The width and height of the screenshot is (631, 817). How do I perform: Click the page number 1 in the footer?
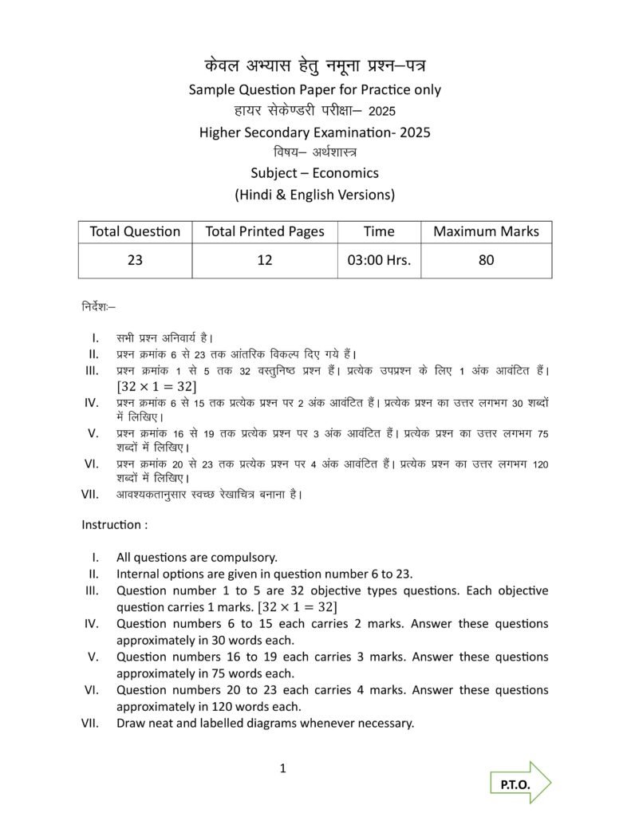pos(283,769)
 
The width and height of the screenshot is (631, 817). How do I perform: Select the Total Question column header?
pos(135,231)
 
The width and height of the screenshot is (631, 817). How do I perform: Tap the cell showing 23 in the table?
pos(135,260)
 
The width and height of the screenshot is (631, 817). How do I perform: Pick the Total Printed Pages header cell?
pos(265,231)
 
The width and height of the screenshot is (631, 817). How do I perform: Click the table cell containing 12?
pos(265,260)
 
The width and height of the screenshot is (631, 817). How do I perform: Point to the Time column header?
pos(379,231)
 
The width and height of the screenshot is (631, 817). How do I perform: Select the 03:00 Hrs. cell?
pos(379,260)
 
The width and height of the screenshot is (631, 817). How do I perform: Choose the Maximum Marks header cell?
pos(486,231)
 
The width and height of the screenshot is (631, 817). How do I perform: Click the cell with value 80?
pos(486,260)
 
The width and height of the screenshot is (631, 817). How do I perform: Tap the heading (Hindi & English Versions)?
pos(314,194)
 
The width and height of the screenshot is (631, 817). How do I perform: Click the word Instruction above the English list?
pos(111,525)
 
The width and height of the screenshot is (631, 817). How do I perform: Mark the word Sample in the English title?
pos(213,89)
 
